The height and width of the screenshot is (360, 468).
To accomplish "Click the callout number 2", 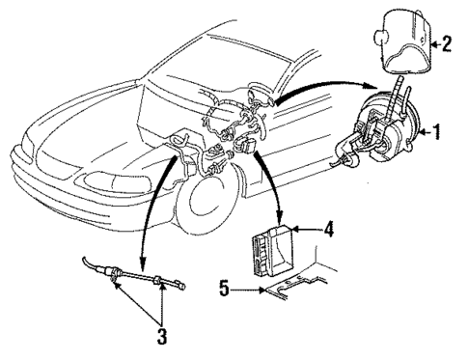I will (x=446, y=42).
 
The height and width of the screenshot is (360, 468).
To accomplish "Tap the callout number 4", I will (x=329, y=229).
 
